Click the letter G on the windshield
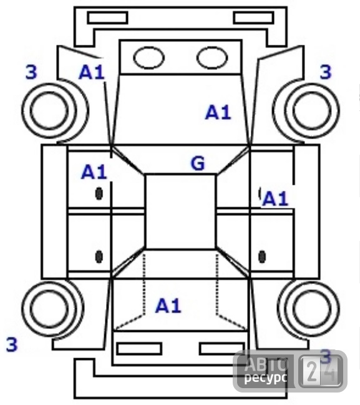[x=198, y=163]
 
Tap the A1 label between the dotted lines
[x=168, y=306]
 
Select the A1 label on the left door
[x=94, y=172]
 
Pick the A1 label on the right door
[x=275, y=199]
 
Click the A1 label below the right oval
[x=218, y=112]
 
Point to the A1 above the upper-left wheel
[x=92, y=72]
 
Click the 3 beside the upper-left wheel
[x=31, y=72]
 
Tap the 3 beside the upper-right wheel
[x=326, y=72]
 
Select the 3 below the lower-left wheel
[x=12, y=344]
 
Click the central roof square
[x=146, y=212]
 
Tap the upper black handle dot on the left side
[x=99, y=193]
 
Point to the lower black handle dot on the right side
[x=262, y=256]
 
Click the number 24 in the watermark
[x=321, y=371]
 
